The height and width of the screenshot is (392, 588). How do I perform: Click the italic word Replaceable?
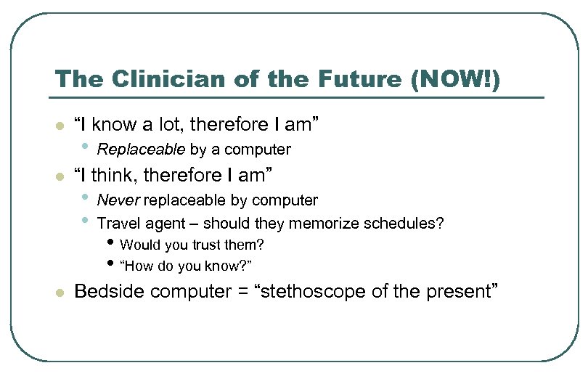[x=142, y=150]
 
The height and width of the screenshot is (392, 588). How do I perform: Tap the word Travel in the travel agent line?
[x=118, y=223]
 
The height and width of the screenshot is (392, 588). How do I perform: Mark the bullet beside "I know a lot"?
[x=60, y=126]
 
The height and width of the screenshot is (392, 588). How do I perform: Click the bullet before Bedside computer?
[x=60, y=293]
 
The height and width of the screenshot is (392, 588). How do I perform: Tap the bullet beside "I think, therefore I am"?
[x=60, y=176]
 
